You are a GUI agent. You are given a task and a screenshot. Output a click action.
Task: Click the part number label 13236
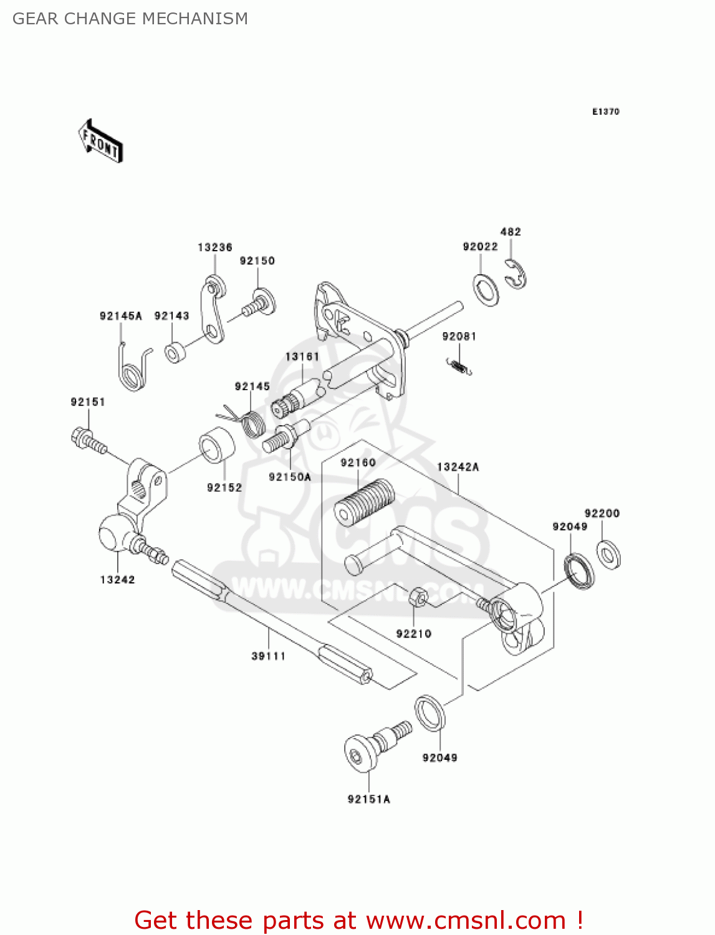tap(214, 247)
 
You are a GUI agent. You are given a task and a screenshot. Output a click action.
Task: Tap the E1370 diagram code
tap(605, 112)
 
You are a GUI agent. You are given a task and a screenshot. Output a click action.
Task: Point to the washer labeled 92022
tap(486, 290)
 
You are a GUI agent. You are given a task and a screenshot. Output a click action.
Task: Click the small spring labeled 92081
tap(459, 367)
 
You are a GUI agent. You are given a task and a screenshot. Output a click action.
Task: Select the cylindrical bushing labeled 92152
tap(216, 445)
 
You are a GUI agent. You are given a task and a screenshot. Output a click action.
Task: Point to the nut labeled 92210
tap(418, 597)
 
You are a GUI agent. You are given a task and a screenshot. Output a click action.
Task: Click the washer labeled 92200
tap(608, 555)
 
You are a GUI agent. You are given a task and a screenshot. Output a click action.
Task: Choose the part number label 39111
tap(268, 656)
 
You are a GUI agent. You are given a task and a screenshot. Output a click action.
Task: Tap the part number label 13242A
tap(458, 467)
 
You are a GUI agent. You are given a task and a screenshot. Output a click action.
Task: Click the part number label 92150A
tap(289, 477)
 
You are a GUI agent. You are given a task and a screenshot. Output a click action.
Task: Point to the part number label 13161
tap(302, 357)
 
